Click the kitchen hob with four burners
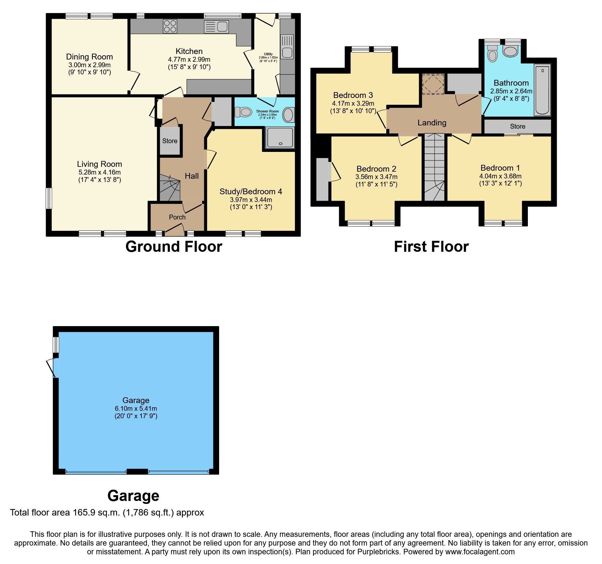pyautogui.click(x=170, y=27)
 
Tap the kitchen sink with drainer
pyautogui.click(x=217, y=27)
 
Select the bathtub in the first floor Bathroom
pyautogui.click(x=542, y=90)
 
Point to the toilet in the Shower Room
pyautogui.click(x=243, y=112)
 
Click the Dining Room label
pyautogui.click(x=89, y=57)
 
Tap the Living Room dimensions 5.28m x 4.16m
pyautogui.click(x=99, y=172)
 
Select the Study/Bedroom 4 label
pyautogui.click(x=251, y=191)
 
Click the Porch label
pyautogui.click(x=177, y=217)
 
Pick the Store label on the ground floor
pyautogui.click(x=170, y=141)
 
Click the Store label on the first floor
pyautogui.click(x=517, y=126)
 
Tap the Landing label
pyautogui.click(x=432, y=123)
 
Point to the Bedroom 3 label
pyautogui.click(x=353, y=95)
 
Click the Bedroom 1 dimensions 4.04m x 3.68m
pyautogui.click(x=500, y=176)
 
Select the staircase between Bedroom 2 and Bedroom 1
pyautogui.click(x=434, y=168)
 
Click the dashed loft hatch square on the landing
pyautogui.click(x=433, y=84)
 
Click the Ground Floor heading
pyautogui.click(x=173, y=247)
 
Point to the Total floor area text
pyautogui.click(x=107, y=513)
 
